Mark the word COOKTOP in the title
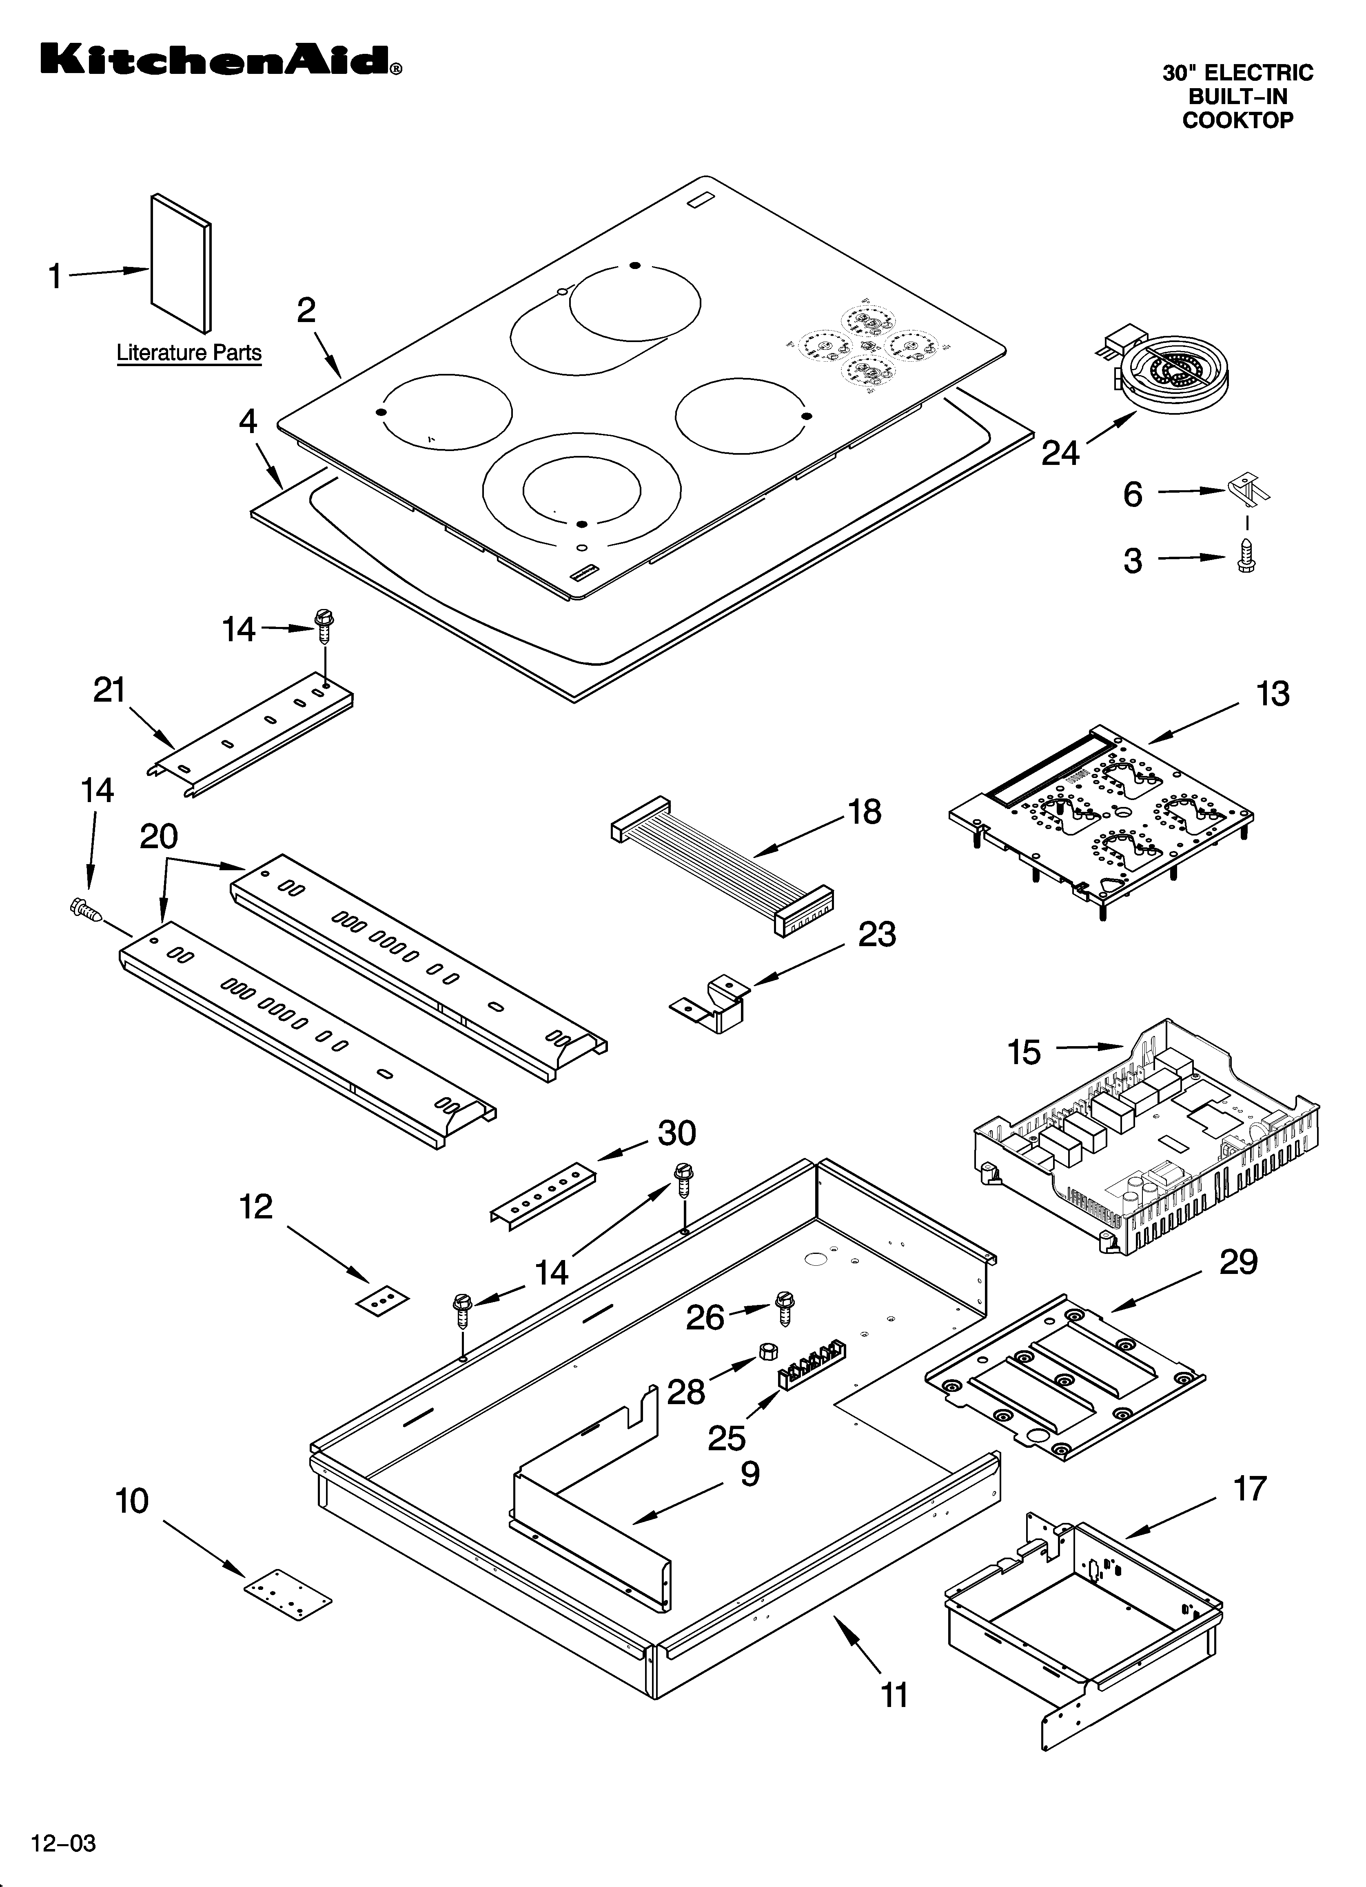click(1237, 121)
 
